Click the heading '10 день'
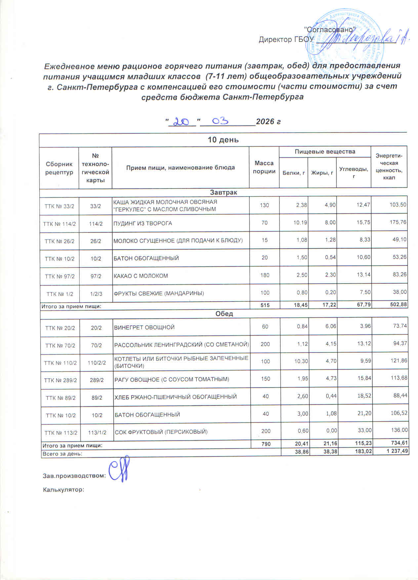[x=223, y=140]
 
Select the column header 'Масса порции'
[x=264, y=167]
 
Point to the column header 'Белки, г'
[x=293, y=173]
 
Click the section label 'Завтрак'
[x=224, y=192]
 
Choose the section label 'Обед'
[x=224, y=314]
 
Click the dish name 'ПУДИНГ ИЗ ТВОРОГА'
[x=143, y=223]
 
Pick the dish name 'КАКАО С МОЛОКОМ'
[x=141, y=276]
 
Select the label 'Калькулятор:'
[x=64, y=490]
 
